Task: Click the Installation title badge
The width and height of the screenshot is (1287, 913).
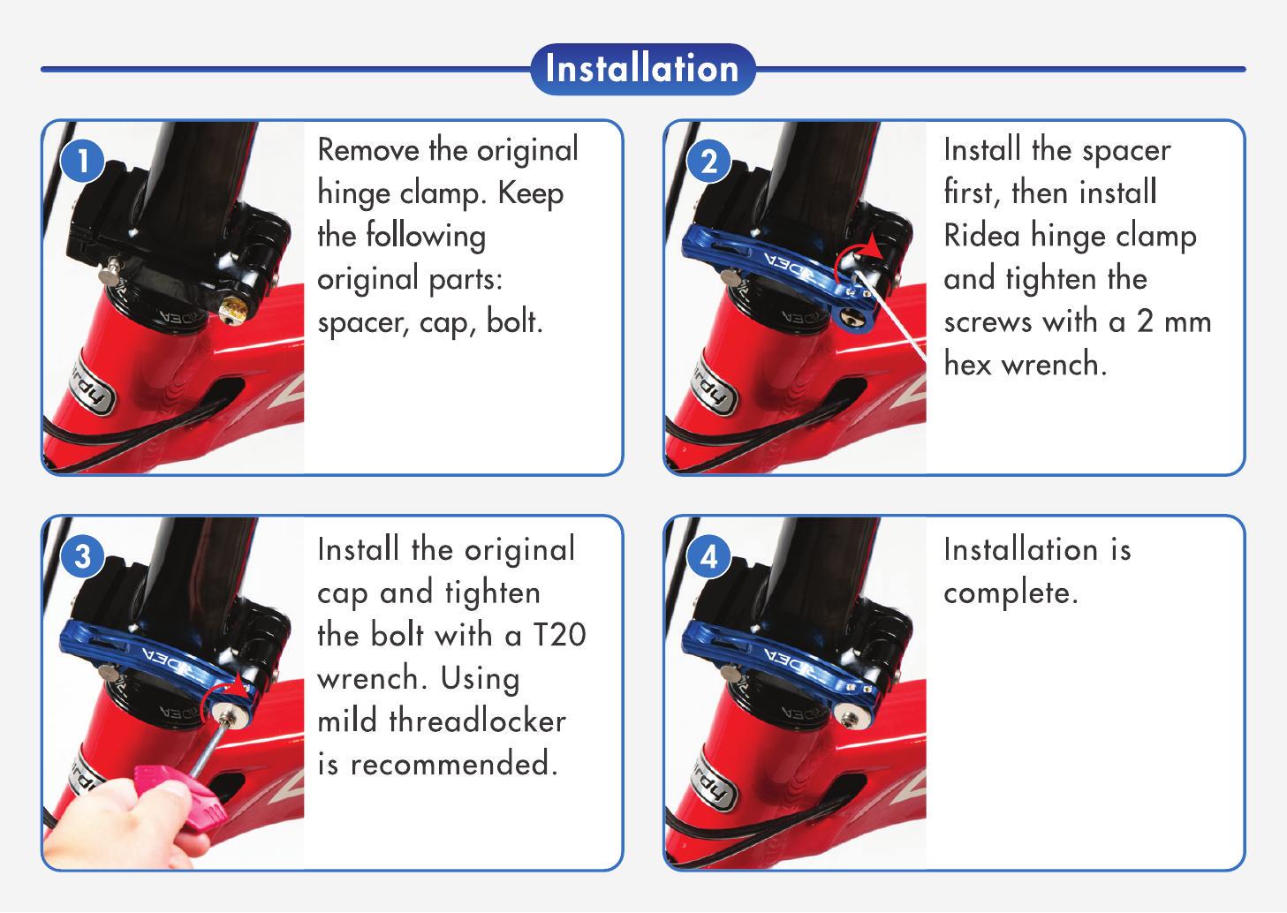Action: click(642, 69)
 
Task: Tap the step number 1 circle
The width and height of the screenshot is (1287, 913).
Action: click(83, 161)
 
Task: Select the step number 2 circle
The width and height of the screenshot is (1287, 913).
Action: click(709, 161)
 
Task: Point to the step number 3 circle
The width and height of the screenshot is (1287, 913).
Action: click(83, 556)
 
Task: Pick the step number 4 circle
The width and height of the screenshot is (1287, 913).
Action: click(709, 556)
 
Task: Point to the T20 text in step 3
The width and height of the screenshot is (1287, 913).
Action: click(559, 635)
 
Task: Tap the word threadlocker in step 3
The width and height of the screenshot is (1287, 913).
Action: click(478, 721)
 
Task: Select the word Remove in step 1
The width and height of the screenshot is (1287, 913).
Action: click(368, 150)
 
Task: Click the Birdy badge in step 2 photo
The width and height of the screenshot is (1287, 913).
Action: click(714, 389)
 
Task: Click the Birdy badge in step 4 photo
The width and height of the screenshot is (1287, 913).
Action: click(714, 784)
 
